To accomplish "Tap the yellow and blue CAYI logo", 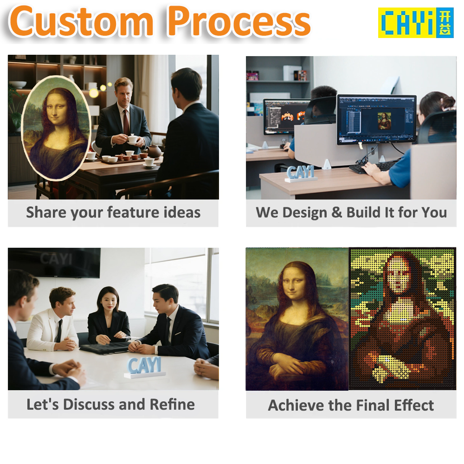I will pos(415,22).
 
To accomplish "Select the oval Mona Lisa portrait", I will pos(55,128).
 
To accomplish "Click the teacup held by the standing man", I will pos(132,139).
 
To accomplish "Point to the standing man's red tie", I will pos(126,122).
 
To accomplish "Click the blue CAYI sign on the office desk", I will pos(301,172).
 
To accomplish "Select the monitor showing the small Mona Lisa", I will pos(376,119).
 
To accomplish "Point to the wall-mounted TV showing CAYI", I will pos(54,262).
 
